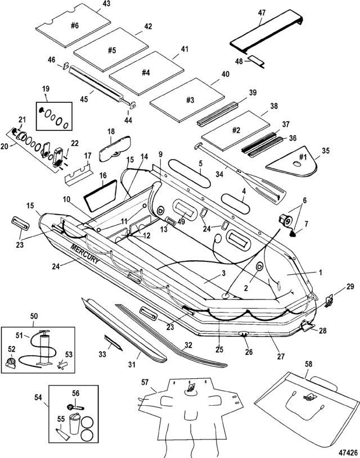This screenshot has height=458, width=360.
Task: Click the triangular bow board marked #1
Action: pyautogui.click(x=292, y=158)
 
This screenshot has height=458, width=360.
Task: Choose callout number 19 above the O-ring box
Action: pyautogui.click(x=46, y=89)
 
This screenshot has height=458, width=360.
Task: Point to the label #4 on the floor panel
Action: pyautogui.click(x=145, y=72)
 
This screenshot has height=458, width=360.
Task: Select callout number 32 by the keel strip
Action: pyautogui.click(x=188, y=345)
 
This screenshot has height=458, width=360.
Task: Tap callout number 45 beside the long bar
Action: pyautogui.click(x=84, y=99)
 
